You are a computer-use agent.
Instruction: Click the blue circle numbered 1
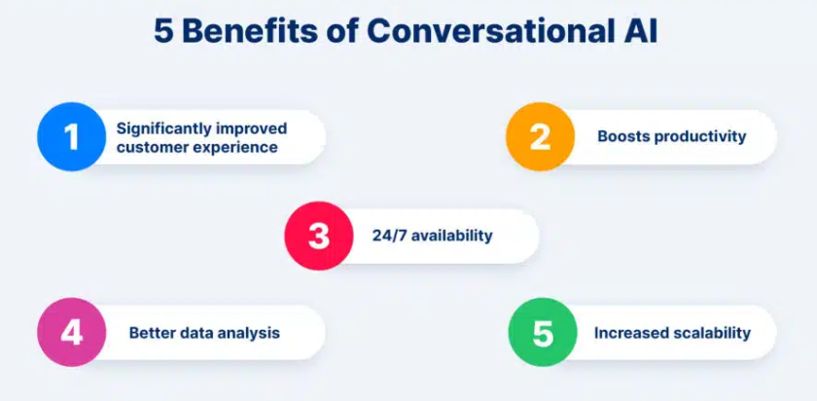(71, 136)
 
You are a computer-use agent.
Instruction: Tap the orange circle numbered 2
(541, 136)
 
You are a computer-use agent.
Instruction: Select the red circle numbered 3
(319, 236)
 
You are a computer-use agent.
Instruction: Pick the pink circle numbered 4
(71, 332)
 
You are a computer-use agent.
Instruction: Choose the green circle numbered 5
(543, 332)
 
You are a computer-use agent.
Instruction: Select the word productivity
(700, 137)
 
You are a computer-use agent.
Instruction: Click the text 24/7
(389, 236)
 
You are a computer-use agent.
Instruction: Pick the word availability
(451, 237)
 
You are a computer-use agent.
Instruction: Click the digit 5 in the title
(162, 32)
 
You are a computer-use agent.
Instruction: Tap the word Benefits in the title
(249, 32)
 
